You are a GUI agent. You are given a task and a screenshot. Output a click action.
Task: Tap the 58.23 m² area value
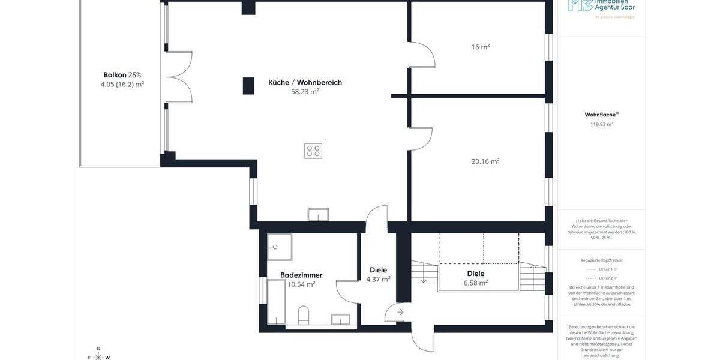pyautogui.click(x=305, y=92)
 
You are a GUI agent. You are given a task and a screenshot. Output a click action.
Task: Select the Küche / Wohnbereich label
pyautogui.click(x=305, y=82)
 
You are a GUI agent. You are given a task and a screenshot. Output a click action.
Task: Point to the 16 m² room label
pyautogui.click(x=480, y=47)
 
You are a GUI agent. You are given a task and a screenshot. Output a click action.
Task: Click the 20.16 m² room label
pyautogui.click(x=485, y=161)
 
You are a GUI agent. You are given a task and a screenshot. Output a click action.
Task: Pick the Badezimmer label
pyautogui.click(x=301, y=275)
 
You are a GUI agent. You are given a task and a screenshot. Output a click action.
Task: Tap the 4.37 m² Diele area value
pyautogui.click(x=378, y=279)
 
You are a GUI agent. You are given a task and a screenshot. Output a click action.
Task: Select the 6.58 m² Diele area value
pyautogui.click(x=475, y=283)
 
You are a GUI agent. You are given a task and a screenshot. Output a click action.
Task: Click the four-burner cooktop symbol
pyautogui.click(x=313, y=151)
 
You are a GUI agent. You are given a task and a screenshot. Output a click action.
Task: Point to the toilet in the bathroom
pyautogui.click(x=304, y=314)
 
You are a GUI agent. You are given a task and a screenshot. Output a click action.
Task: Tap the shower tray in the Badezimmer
pyautogui.click(x=279, y=247)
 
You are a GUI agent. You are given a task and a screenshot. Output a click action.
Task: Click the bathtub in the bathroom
pyautogui.click(x=276, y=301)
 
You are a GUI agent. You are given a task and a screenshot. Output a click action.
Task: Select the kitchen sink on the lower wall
pyautogui.click(x=318, y=215)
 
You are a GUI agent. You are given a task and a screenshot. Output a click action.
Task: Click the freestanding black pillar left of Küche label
pyautogui.click(x=248, y=86)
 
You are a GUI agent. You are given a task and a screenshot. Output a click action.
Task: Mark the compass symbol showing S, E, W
pyautogui.click(x=98, y=355)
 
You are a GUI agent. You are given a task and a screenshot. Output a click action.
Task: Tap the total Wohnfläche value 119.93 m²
pyautogui.click(x=601, y=124)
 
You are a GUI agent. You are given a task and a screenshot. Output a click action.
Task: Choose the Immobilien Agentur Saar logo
pyautogui.click(x=601, y=7)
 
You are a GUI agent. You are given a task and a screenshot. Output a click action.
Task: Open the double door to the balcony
pyautogui.click(x=179, y=76)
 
